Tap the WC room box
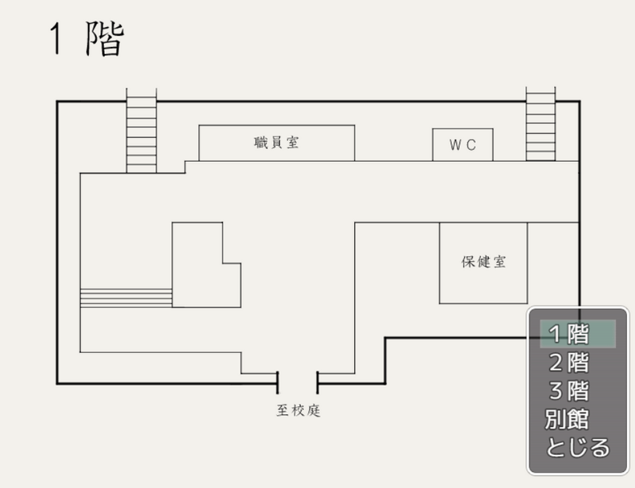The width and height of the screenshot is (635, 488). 463,145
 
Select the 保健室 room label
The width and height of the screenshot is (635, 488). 483,262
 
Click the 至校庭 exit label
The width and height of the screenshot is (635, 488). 296,411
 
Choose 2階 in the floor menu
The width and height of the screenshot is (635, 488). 568,363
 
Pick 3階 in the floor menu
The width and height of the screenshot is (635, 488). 568,390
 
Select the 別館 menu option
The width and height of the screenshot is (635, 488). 567,418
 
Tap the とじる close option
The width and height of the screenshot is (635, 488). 577,447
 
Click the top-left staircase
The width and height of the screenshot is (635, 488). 142,131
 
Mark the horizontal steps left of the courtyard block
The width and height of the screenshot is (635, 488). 126,298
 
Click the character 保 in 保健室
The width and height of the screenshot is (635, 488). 468,262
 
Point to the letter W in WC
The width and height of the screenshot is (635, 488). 455,145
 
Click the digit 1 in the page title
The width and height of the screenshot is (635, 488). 58,40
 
